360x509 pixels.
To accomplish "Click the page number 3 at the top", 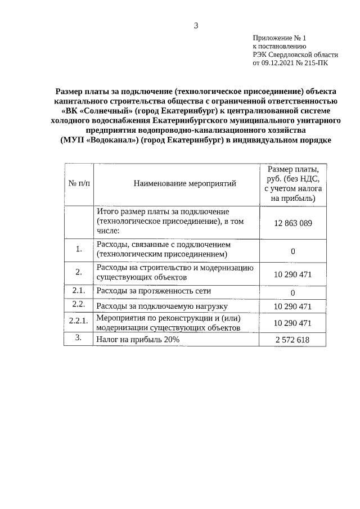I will [196, 25].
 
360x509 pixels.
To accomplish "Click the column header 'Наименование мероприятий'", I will [177, 183].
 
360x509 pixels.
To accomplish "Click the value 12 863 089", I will [292, 223].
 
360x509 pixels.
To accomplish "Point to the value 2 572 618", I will [292, 340].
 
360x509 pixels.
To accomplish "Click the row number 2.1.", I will [79, 291].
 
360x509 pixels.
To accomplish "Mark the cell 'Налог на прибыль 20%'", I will [138, 340].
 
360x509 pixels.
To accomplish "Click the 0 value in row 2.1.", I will [292, 292].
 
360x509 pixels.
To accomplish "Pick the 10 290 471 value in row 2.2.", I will [292, 307].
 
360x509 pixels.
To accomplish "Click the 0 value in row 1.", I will [292, 251].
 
